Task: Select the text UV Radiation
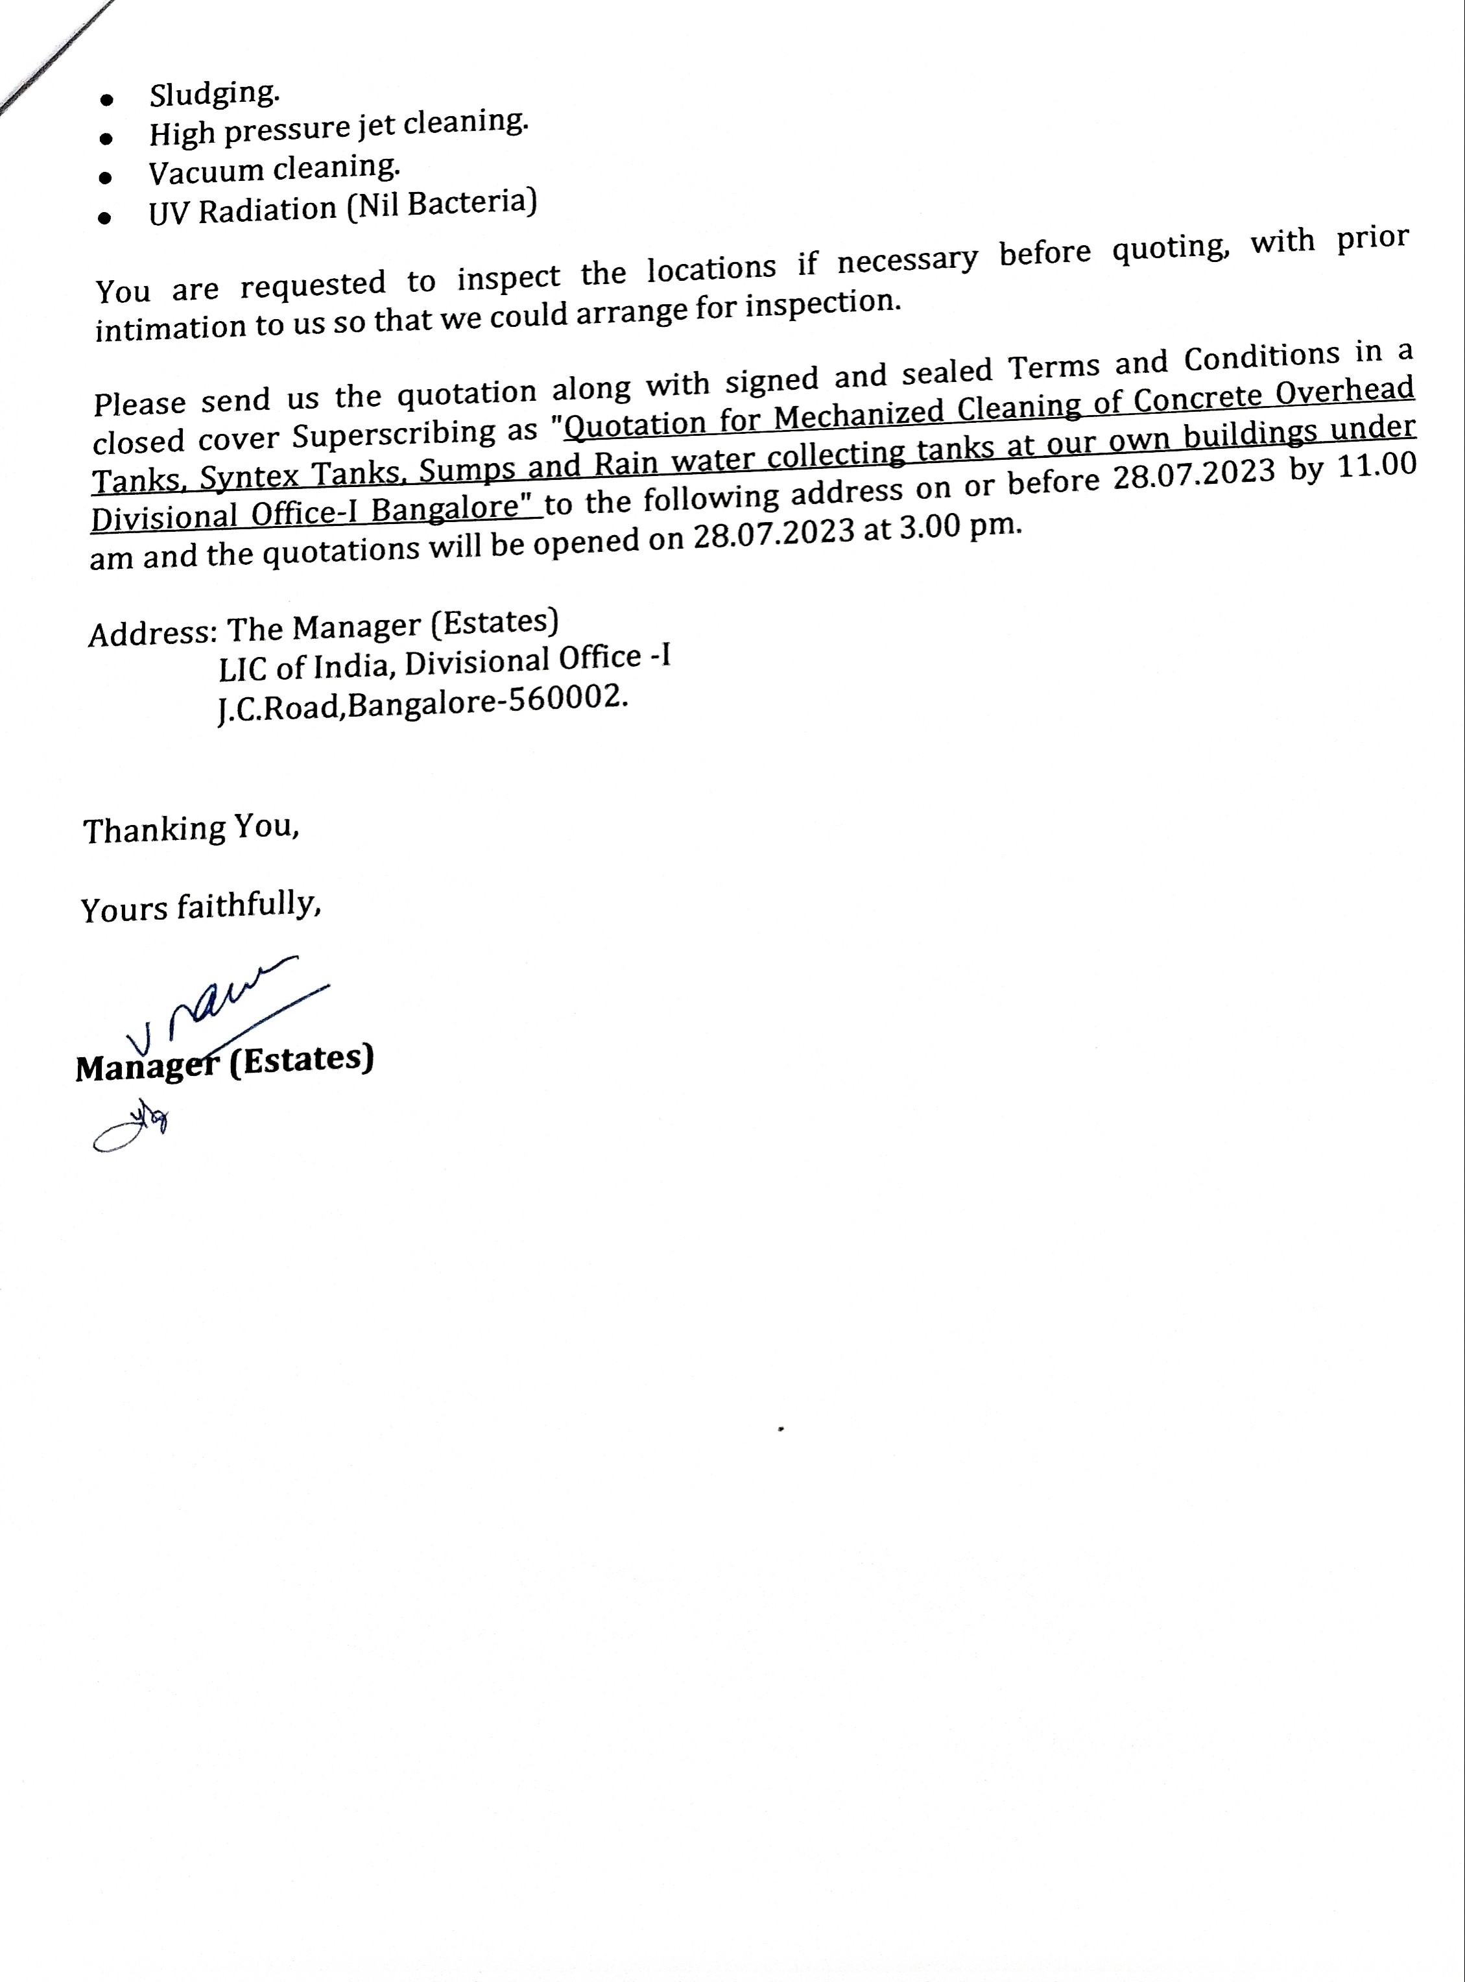point(242,211)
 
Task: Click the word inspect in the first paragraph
point(508,278)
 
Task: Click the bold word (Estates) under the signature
point(302,1060)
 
